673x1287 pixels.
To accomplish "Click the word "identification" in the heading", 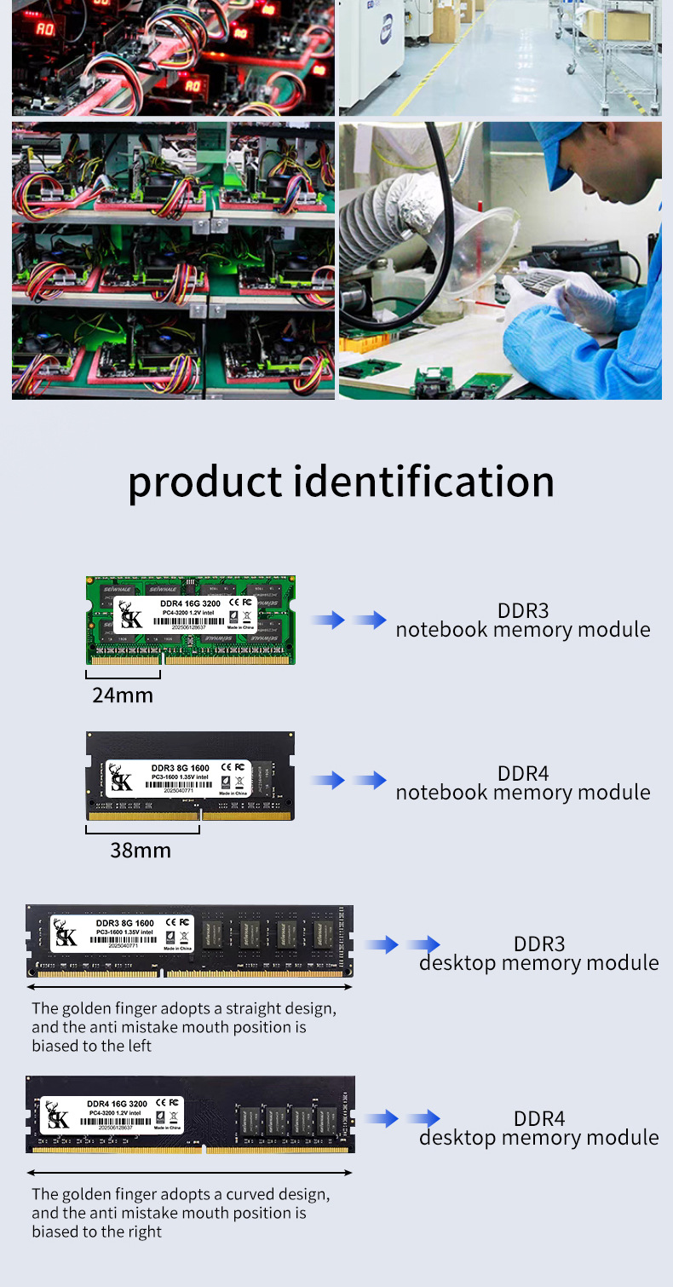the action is point(424,482).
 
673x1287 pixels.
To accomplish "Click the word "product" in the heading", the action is point(204,483).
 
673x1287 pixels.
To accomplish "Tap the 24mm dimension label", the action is point(123,695).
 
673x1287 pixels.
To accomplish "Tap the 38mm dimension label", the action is point(141,850).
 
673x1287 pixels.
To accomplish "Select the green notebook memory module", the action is point(192,620).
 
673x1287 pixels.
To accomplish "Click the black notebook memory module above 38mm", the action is point(192,776).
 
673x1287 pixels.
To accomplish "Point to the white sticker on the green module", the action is point(185,614).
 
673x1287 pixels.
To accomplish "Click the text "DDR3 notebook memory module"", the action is point(522,620).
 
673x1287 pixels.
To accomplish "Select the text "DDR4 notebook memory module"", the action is point(522,783).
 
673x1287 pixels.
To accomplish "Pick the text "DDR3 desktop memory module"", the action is point(538,954).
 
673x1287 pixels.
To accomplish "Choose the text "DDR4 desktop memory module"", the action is point(538,1128).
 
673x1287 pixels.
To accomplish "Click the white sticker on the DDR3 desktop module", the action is point(123,934).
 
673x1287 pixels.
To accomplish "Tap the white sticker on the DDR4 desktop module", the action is point(112,1115).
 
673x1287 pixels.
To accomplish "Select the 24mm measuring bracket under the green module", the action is point(124,674).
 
